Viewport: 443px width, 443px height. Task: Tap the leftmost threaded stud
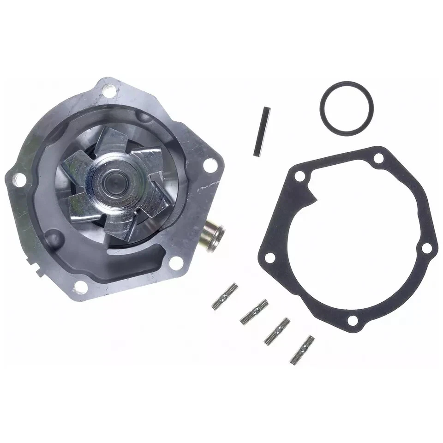[225, 296]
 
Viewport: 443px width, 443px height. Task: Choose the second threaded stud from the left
[254, 311]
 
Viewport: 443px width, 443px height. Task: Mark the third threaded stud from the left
[277, 330]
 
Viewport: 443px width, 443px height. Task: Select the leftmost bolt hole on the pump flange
[19, 180]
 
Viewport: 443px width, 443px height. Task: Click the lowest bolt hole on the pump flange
[81, 286]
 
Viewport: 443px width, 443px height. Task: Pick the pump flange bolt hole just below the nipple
[175, 263]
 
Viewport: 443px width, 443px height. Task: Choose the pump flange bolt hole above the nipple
[210, 165]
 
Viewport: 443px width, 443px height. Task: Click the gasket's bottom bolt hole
[352, 320]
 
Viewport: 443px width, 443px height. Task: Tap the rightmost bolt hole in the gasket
[426, 248]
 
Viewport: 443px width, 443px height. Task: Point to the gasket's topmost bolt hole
[378, 159]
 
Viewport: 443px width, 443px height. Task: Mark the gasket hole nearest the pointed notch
[300, 176]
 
